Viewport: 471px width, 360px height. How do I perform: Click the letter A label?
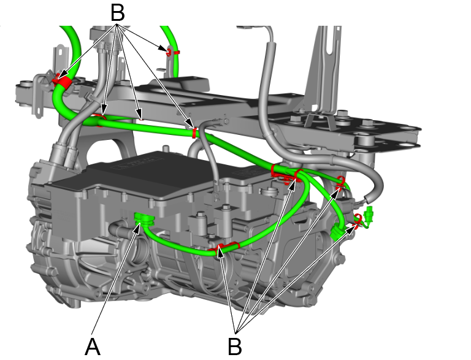(x=92, y=347)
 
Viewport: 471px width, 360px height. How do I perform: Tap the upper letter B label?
(x=117, y=12)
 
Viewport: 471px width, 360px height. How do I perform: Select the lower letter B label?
(x=234, y=347)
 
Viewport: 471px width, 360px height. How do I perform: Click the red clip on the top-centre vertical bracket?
(x=170, y=52)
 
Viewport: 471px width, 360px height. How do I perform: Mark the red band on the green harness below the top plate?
(x=195, y=132)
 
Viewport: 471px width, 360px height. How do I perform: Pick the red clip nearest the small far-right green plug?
(x=356, y=221)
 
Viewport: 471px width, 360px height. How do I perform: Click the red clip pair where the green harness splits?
(x=287, y=174)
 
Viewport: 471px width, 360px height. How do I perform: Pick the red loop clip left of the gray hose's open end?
(x=340, y=182)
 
